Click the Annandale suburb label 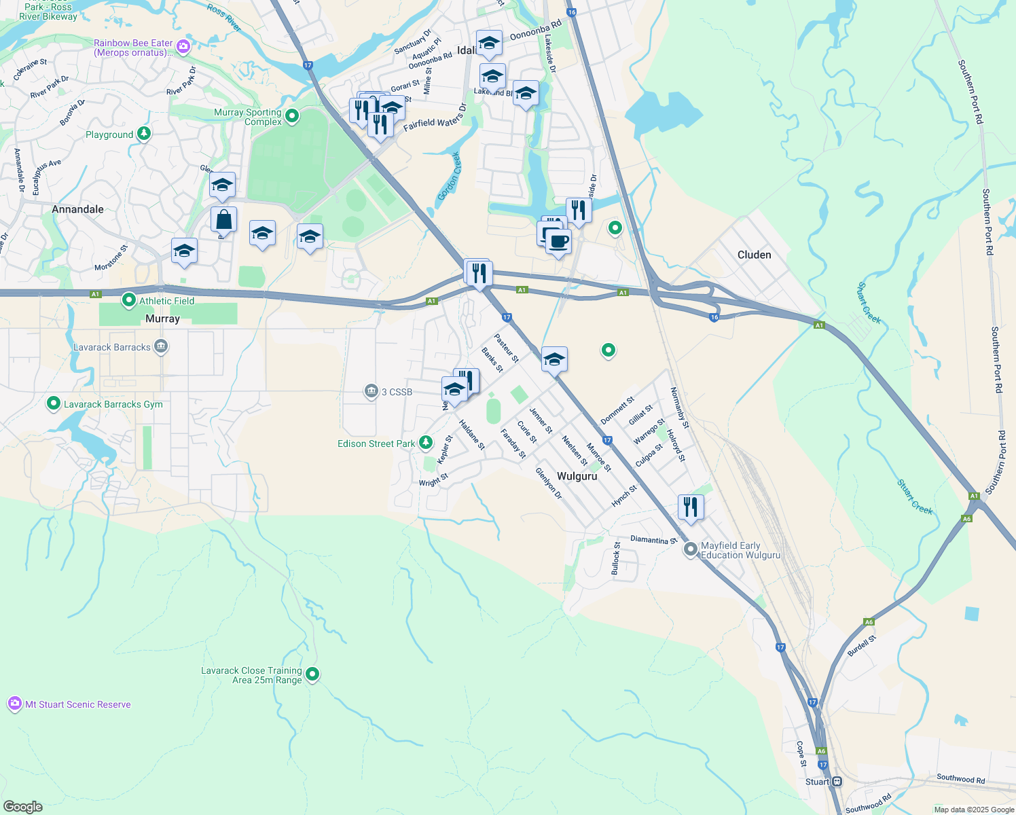77,209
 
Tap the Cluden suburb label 754,255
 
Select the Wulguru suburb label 577,476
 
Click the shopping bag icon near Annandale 223,220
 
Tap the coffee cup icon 558,241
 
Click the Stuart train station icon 837,782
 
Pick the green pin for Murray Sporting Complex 292,116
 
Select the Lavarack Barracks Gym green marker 53,404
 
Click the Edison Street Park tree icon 426,443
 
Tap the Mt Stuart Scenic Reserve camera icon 15,704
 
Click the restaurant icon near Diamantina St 690,507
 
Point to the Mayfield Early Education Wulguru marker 691,549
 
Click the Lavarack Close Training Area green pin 312,674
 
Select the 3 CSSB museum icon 371,391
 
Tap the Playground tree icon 143,134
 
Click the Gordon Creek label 449,176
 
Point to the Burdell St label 861,645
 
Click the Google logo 23,806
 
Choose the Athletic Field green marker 129,300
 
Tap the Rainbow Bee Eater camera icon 183,47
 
